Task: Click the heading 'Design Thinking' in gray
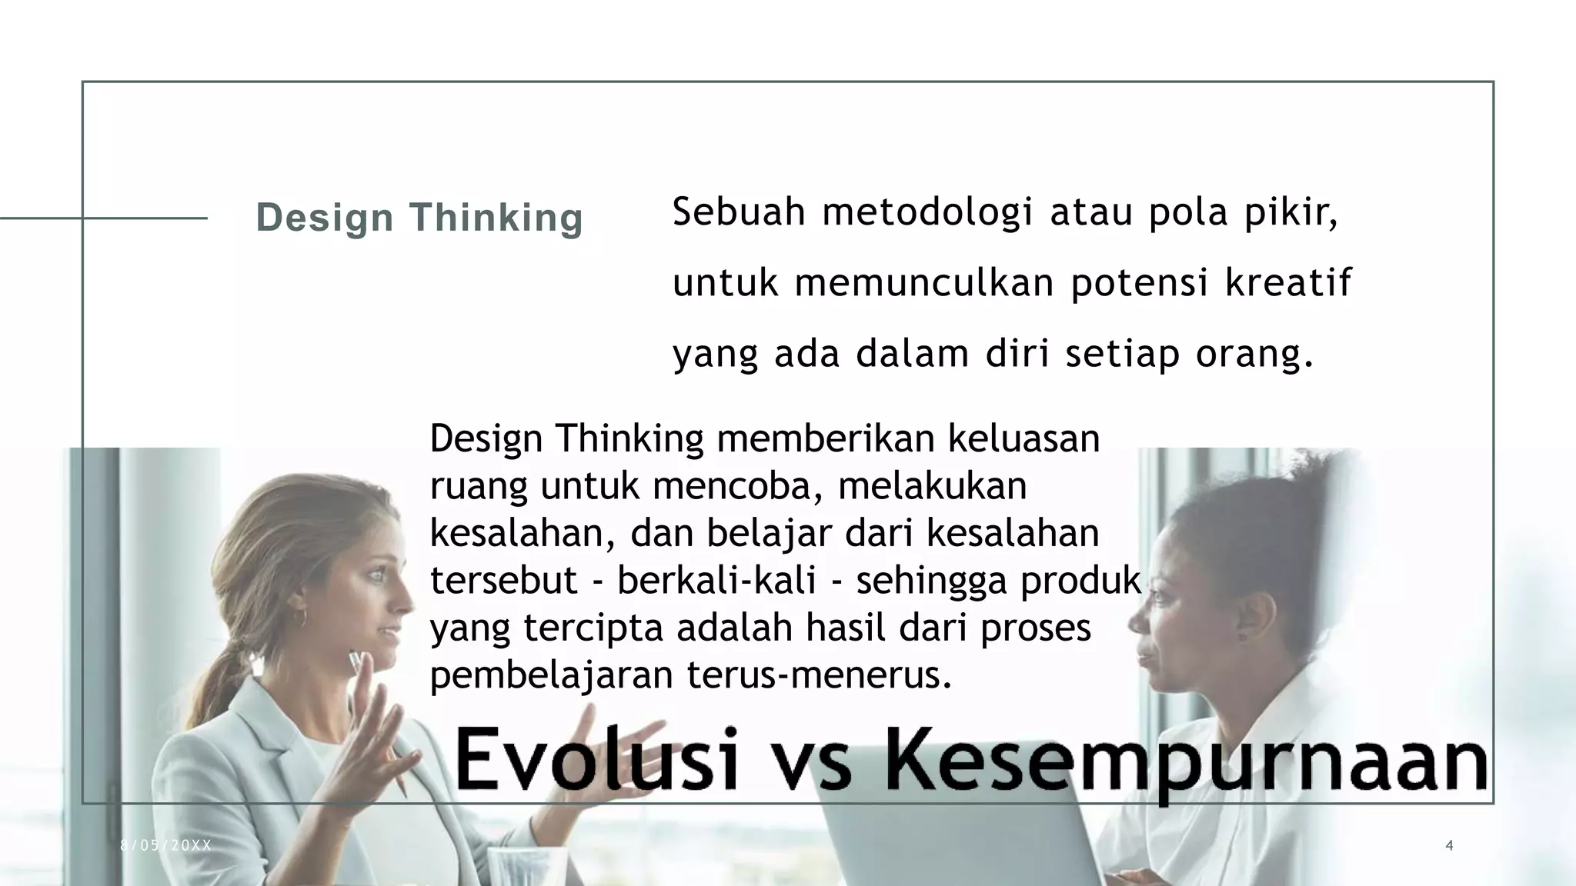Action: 419,218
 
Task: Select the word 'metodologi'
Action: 927,213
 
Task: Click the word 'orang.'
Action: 1254,355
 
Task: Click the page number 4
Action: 1450,846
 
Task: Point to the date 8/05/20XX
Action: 165,846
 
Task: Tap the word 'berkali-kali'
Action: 716,580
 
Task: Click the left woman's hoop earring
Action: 299,618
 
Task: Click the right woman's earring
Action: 1240,637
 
